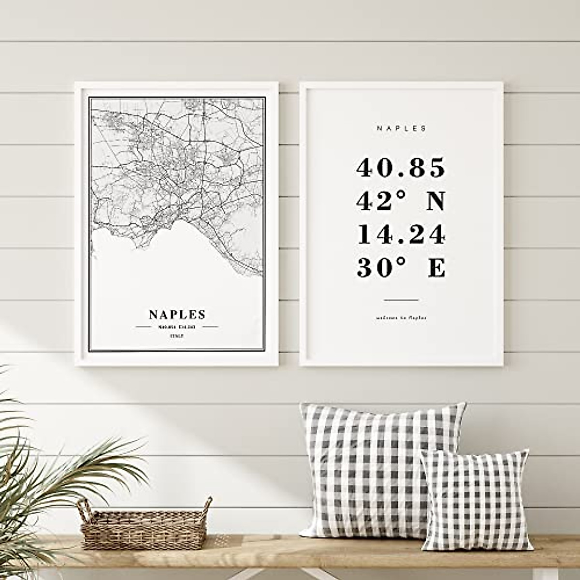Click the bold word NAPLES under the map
pos(177,315)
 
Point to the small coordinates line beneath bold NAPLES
pos(177,327)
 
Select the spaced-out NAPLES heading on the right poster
pos(402,129)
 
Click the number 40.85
pos(401,168)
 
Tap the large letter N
pos(435,202)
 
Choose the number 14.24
pos(401,235)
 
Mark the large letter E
pos(436,268)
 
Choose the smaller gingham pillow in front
pos(476,500)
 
